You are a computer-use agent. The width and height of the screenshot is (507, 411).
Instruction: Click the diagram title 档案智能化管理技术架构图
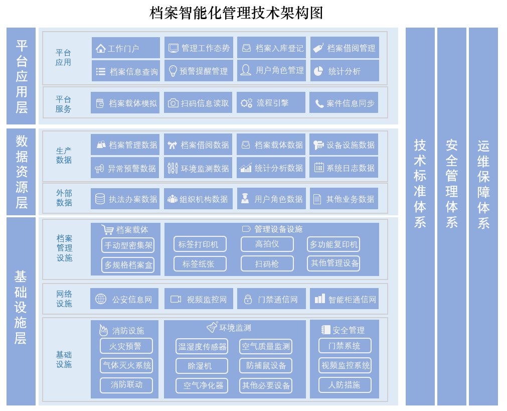(x=236, y=13)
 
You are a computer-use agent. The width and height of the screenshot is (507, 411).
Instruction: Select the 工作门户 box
(x=126, y=48)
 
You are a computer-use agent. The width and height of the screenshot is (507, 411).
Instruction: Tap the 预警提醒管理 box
(x=199, y=71)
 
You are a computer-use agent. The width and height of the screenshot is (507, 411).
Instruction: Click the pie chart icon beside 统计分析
(x=318, y=71)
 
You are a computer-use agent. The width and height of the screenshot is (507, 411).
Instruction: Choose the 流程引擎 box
(x=271, y=103)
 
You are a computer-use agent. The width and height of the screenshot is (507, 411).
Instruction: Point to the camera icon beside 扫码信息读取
(x=173, y=103)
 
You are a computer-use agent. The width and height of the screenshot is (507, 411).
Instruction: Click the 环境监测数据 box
(x=198, y=168)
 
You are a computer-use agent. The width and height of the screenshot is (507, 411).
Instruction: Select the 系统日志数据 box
(x=344, y=168)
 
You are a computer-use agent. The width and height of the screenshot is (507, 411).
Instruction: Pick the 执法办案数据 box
(x=125, y=199)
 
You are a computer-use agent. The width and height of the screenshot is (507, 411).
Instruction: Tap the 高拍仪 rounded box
(x=267, y=244)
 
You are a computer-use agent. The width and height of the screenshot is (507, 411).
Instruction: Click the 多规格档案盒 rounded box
(x=128, y=264)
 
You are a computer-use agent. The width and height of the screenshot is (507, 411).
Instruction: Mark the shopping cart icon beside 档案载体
(x=107, y=230)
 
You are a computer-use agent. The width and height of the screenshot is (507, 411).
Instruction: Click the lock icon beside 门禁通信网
(x=248, y=299)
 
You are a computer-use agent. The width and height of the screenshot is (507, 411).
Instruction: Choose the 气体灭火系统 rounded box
(x=126, y=365)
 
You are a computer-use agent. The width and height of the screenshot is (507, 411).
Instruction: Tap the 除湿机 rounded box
(x=202, y=366)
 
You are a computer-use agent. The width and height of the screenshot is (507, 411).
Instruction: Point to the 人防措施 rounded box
(x=345, y=385)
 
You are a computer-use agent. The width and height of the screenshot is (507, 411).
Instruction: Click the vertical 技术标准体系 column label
(x=420, y=183)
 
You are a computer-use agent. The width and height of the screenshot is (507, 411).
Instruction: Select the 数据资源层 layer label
(x=21, y=172)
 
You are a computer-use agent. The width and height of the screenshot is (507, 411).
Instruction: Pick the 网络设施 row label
(x=64, y=299)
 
